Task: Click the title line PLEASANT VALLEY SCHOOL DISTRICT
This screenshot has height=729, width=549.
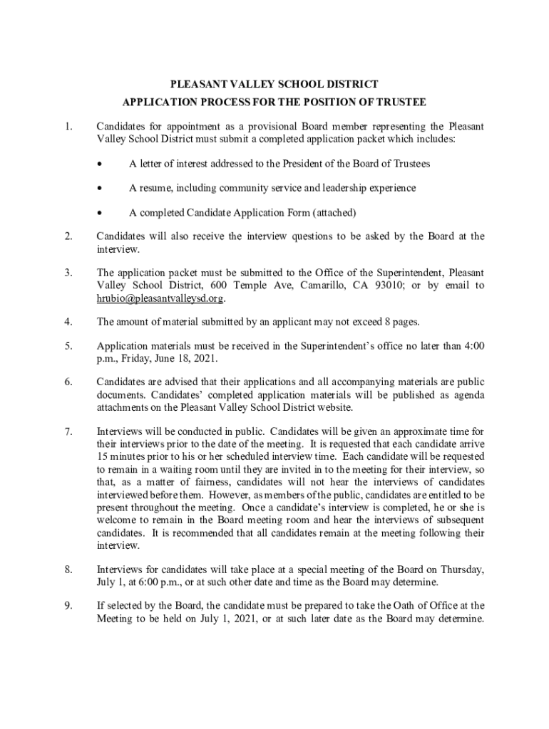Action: click(x=274, y=84)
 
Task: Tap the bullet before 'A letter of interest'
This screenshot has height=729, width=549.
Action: click(x=101, y=164)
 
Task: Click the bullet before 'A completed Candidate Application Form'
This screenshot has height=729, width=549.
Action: click(x=101, y=212)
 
